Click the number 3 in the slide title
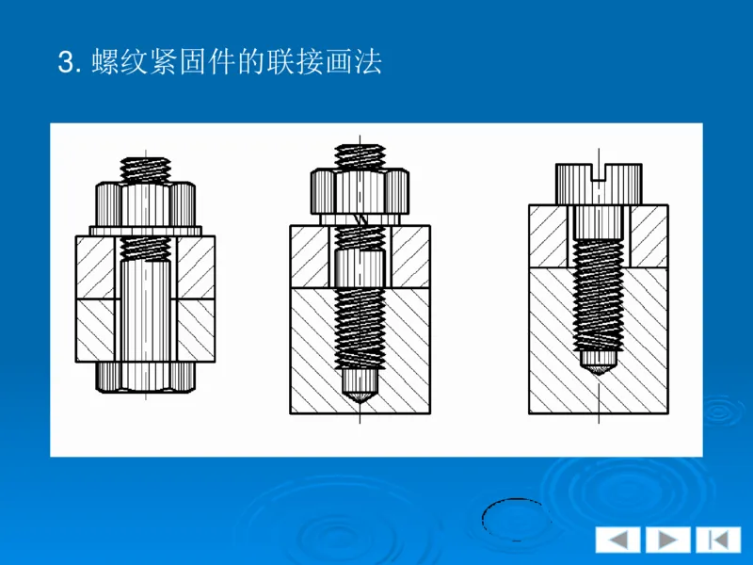(x=65, y=63)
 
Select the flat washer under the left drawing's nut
(x=145, y=231)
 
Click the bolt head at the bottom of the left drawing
(x=145, y=376)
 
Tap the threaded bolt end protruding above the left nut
(x=145, y=169)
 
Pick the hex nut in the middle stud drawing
(x=359, y=191)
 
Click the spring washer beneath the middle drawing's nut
(x=359, y=219)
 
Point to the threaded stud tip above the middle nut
(x=359, y=155)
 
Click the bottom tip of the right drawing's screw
(x=599, y=363)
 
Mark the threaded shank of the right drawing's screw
(x=599, y=292)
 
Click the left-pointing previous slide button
(x=617, y=540)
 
